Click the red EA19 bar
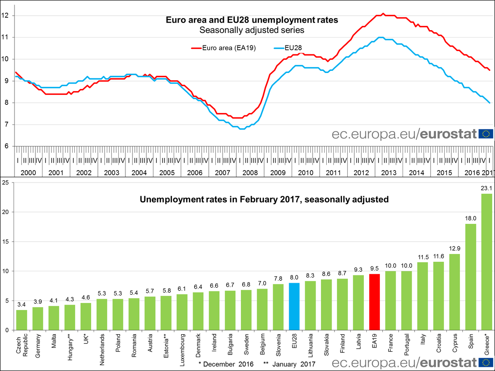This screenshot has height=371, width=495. coord(375,302)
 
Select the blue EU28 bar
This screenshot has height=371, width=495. coord(295,306)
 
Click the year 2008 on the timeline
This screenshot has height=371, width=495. coord(250,172)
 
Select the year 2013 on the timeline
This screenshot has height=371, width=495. coord(389,172)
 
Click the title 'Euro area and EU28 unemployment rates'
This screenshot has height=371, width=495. coord(252,20)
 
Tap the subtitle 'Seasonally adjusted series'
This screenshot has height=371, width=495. coord(252,30)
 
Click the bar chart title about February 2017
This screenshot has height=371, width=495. coord(264,200)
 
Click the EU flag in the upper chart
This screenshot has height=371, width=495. coord(486,134)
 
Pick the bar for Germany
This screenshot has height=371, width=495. coord(38,318)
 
